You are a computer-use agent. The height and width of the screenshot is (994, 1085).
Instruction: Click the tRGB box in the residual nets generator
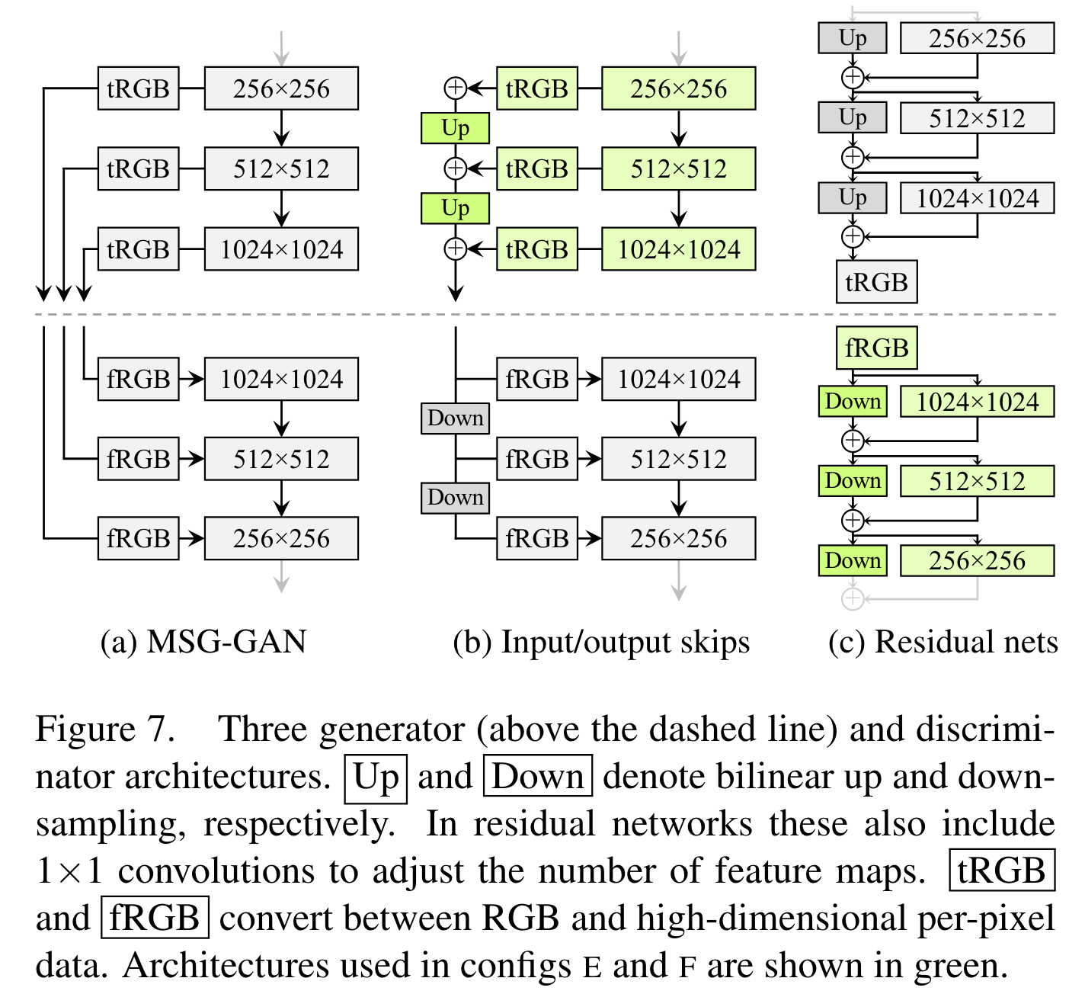[x=876, y=282]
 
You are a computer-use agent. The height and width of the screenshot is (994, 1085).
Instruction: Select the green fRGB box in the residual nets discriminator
[x=876, y=348]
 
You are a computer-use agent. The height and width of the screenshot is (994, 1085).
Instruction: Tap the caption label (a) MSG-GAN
[x=203, y=642]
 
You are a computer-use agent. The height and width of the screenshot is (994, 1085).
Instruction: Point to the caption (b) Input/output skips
[x=601, y=642]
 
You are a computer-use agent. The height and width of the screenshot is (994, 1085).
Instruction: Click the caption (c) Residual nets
[x=943, y=642]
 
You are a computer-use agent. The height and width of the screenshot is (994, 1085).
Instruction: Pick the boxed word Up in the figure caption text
[x=376, y=778]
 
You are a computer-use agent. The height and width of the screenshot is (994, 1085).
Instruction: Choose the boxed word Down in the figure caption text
[x=538, y=778]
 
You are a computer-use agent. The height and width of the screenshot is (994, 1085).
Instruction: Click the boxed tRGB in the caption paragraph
[x=1001, y=871]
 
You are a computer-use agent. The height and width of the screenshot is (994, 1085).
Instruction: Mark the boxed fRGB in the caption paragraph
[x=155, y=918]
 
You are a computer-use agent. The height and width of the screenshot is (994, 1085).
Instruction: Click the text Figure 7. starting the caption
[x=105, y=729]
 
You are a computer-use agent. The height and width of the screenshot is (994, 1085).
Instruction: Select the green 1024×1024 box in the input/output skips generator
[x=678, y=249]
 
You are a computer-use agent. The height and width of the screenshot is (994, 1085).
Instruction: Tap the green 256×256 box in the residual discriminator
[x=977, y=561]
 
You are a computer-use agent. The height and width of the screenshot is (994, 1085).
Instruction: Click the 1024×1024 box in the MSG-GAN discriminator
[x=281, y=379]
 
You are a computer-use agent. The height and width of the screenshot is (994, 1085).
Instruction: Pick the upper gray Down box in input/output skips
[x=455, y=418]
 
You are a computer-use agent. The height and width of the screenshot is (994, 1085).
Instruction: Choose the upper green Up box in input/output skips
[x=455, y=128]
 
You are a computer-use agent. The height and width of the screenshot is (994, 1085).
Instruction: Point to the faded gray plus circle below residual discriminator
[x=853, y=599]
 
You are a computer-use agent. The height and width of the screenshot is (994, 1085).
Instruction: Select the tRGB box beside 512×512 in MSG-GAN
[x=138, y=168]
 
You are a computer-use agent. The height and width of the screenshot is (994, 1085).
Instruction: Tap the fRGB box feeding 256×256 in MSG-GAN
[x=138, y=538]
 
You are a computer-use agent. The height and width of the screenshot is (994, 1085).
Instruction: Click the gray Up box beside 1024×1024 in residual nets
[x=853, y=197]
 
